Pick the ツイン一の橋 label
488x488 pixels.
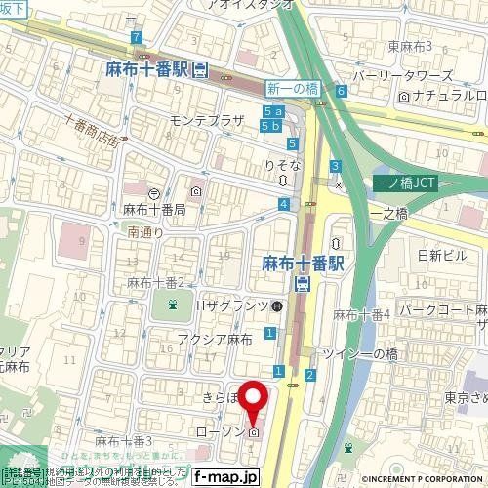(360, 357)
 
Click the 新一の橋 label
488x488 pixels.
(292, 89)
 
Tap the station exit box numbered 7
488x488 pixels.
(133, 37)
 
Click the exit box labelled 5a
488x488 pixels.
(271, 114)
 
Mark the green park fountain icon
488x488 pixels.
(173, 307)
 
